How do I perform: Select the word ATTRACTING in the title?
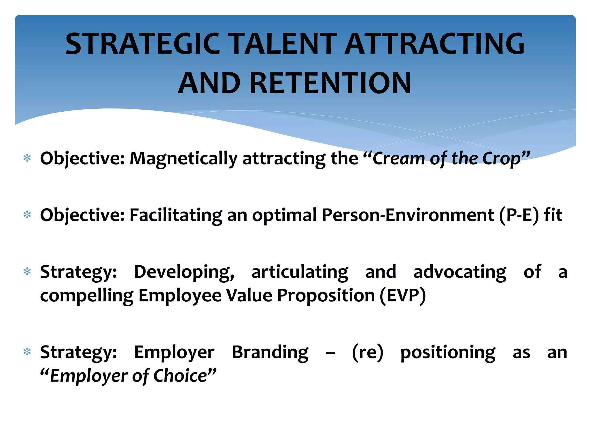pos(434,44)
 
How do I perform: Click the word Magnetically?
pos(184,159)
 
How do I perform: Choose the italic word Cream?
pos(399,159)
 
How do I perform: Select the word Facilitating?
pos(176,215)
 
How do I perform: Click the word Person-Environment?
pos(408,215)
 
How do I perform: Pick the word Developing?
pos(184,272)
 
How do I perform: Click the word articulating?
pos(300,272)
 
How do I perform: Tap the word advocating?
pos(459,272)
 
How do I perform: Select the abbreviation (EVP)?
pos(402,296)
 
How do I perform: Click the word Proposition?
pos(326,296)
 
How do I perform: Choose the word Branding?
pos(270,352)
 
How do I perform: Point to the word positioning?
pos(448,352)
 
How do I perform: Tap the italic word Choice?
pos(180,376)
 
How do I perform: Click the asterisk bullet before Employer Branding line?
pos(27,352)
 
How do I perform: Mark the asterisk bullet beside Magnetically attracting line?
pos(27,158)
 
